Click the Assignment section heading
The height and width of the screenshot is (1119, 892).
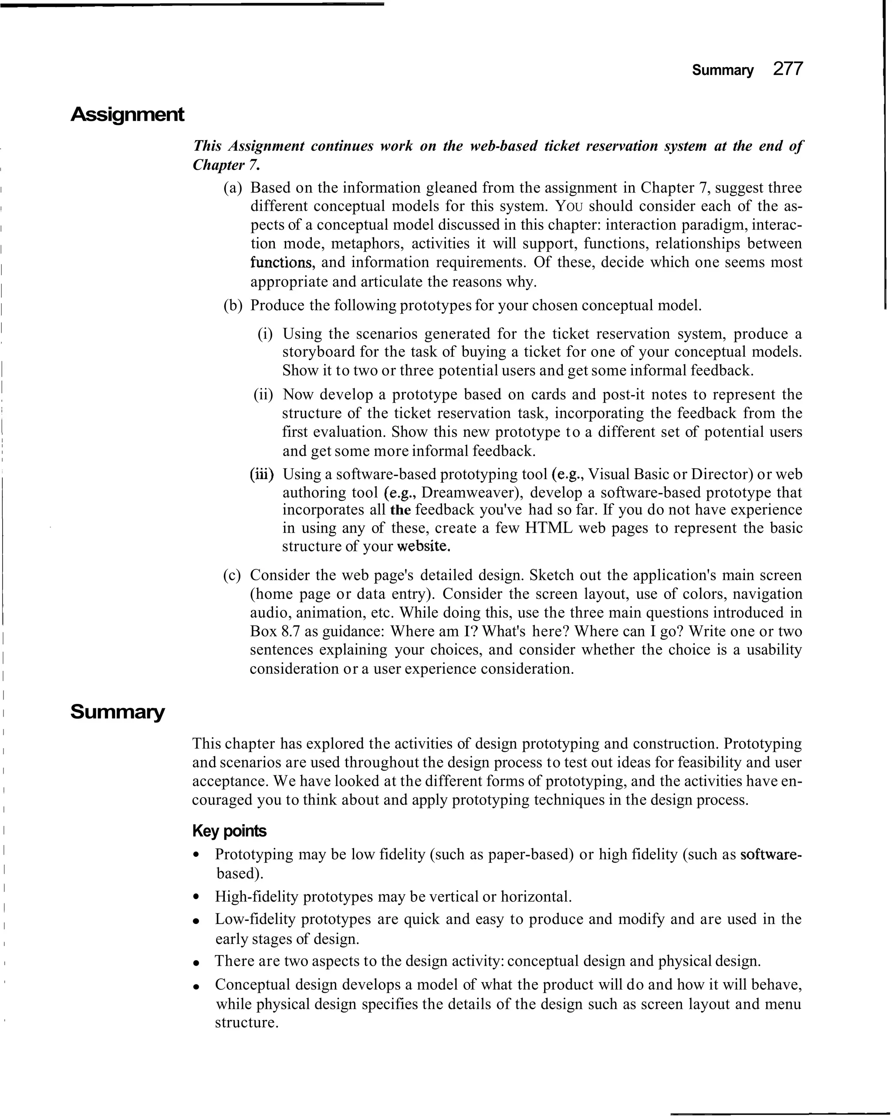(127, 114)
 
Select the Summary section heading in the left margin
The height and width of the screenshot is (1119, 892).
(117, 712)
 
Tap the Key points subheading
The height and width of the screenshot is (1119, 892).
(229, 831)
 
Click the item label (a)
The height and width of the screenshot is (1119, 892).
(233, 188)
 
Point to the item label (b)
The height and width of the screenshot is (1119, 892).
(233, 306)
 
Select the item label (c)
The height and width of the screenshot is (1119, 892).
(232, 575)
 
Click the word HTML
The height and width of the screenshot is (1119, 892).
(549, 528)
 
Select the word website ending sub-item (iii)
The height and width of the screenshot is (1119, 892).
(423, 547)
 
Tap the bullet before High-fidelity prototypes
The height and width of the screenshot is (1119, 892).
(196, 897)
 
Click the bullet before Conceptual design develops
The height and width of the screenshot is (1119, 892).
(196, 985)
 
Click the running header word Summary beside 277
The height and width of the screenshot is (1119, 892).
(722, 71)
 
